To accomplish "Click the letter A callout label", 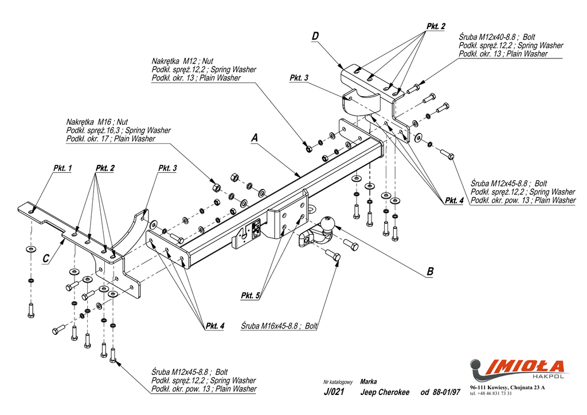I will [255, 137].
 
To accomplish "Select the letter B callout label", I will [430, 272].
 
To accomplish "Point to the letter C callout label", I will [46, 259].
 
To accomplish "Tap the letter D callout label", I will [315, 37].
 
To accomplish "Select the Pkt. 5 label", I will [251, 295].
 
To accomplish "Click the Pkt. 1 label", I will [62, 168].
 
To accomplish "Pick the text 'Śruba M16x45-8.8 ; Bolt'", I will [280, 326].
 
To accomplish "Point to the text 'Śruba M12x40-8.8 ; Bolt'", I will [497, 37].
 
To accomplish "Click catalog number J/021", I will [334, 392].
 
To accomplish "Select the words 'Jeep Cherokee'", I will [385, 392].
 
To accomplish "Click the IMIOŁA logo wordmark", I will [526, 366].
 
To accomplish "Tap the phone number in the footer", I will [491, 394].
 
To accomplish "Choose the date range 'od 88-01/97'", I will [440, 392].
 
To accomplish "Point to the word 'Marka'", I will [369, 381].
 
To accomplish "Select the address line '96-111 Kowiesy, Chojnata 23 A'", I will [507, 388].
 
